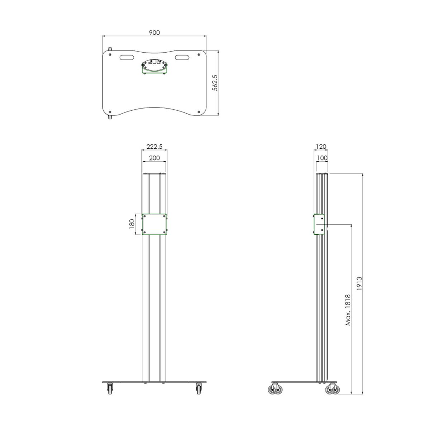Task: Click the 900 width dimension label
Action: point(154,33)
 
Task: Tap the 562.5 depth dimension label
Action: point(215,83)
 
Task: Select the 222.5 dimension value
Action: point(154,147)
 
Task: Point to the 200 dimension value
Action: point(154,158)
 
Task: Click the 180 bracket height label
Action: point(132,224)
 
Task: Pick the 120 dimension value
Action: point(321,147)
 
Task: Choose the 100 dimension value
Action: point(321,158)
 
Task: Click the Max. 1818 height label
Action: point(348,310)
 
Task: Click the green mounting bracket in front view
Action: point(154,225)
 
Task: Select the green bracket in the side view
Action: point(319,225)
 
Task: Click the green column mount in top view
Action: point(154,67)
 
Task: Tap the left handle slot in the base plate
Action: point(126,57)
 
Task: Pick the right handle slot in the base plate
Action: point(183,57)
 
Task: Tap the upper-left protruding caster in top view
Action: point(110,49)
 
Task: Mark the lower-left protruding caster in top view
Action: point(110,117)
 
